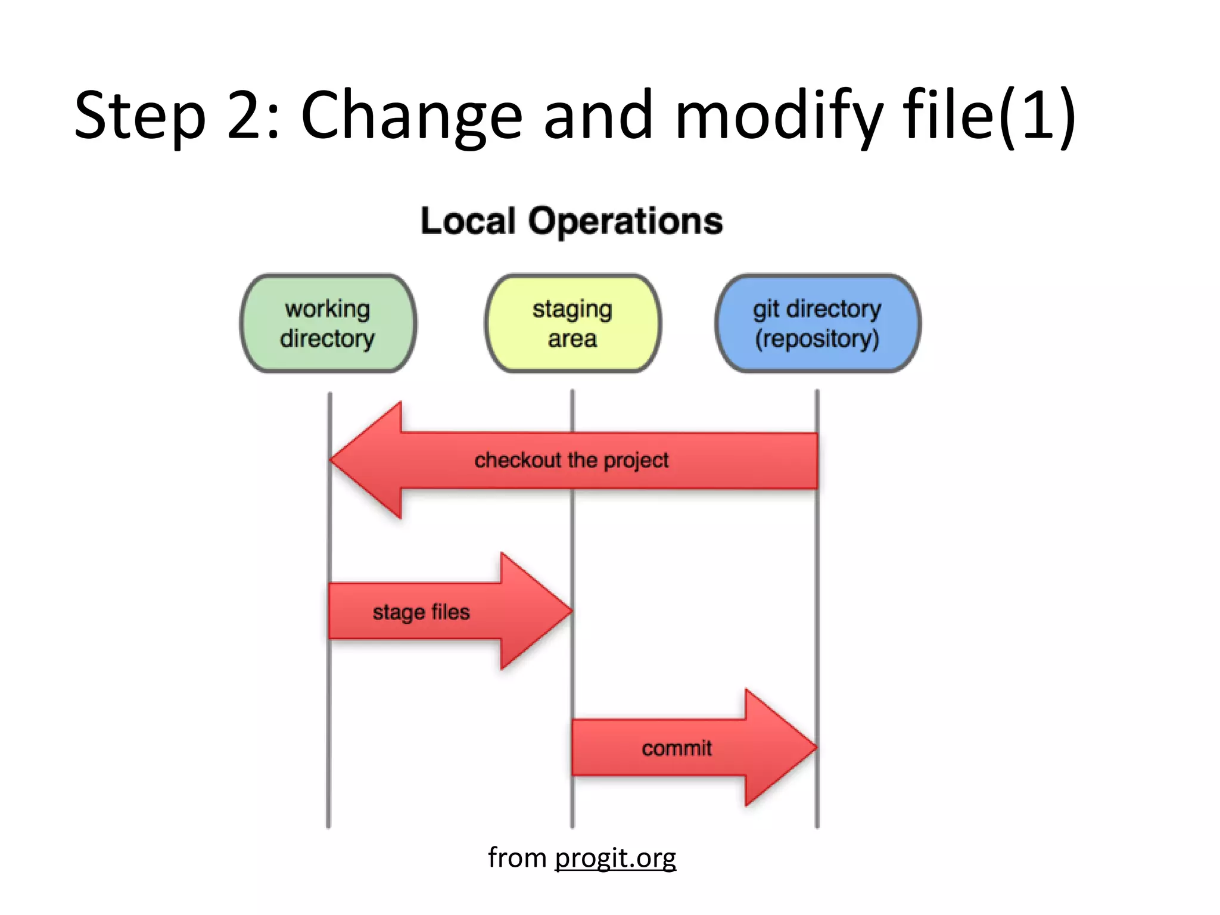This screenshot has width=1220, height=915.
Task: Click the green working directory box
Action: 328,323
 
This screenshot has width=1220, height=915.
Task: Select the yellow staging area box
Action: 572,323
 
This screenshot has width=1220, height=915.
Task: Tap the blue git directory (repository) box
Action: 817,323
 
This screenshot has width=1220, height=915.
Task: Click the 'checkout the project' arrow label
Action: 571,460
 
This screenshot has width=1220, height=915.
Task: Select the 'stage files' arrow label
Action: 421,612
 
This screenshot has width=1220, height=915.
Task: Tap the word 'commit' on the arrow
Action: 677,748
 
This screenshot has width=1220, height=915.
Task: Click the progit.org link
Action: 615,858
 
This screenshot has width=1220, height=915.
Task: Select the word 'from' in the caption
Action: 516,858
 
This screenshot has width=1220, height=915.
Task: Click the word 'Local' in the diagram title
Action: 468,221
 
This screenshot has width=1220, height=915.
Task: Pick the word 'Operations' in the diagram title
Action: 625,221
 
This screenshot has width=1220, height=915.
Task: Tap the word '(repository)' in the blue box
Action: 817,338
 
